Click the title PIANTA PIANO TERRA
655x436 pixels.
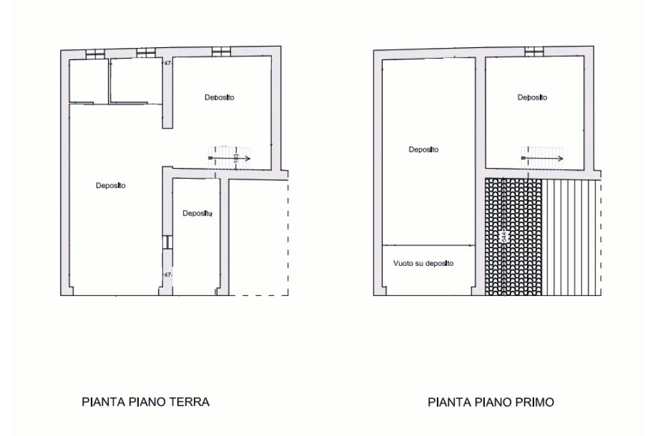[x=145, y=401]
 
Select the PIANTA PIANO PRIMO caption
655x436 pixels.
[x=491, y=402]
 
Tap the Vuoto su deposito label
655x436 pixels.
[x=423, y=263]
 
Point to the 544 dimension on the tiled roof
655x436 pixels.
[x=504, y=237]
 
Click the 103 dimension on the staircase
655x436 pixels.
[x=236, y=159]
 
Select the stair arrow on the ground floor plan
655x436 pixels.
[x=230, y=159]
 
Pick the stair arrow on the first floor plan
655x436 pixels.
[x=542, y=159]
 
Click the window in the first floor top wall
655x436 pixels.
[x=534, y=52]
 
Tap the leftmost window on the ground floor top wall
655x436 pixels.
[x=95, y=54]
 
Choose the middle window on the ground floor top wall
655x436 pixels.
[x=146, y=53]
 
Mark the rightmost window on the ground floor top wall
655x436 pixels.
[x=221, y=52]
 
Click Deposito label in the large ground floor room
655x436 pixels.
[x=111, y=186]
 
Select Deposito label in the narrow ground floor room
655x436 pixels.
[x=197, y=214]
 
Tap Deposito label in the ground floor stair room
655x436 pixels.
[x=219, y=98]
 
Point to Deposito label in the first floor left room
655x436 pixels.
[x=423, y=150]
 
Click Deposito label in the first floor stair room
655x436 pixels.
[x=532, y=98]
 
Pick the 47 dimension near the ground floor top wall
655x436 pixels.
[x=168, y=63]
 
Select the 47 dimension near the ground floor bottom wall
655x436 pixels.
[x=168, y=275]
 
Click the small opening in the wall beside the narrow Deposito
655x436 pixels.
[x=168, y=242]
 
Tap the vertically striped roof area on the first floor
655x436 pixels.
[x=571, y=237]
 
